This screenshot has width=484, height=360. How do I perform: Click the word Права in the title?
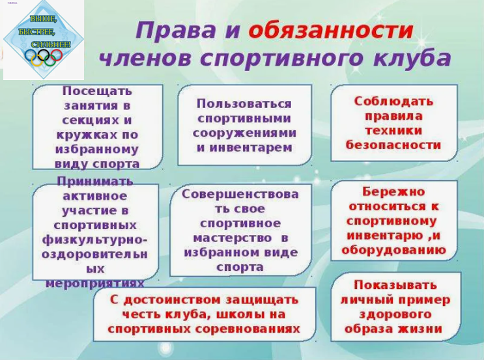[176, 30]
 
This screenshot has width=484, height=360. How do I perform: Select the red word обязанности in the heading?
[331, 30]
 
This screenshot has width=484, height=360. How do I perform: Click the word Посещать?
[97, 91]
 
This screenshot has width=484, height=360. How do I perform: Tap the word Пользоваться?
[244, 104]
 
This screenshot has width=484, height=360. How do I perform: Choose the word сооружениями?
[244, 133]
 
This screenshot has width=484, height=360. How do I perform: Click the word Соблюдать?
[393, 102]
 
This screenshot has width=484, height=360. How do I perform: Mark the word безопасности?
[393, 145]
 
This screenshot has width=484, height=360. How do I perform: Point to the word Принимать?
[95, 182]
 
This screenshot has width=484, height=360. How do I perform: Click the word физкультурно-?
[94, 240]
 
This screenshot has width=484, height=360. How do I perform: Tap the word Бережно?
[393, 192]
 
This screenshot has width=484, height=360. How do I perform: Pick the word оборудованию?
[394, 250]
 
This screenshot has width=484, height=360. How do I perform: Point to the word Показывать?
[395, 285]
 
